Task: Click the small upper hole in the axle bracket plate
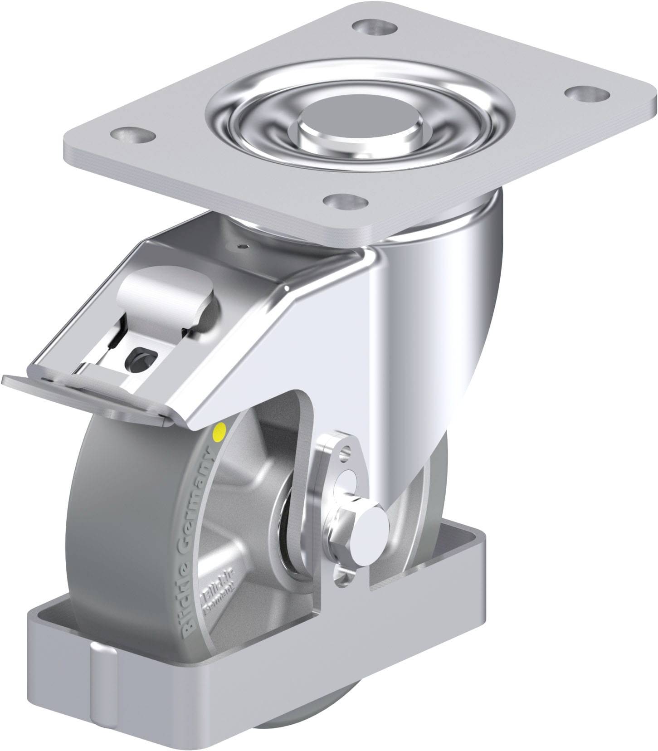pos(347,451)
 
